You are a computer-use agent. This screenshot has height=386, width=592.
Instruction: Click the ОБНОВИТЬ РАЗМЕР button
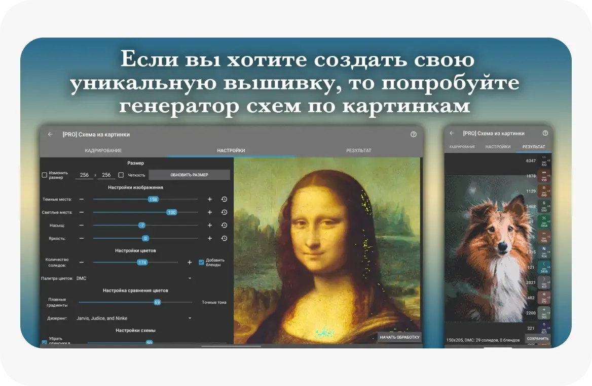coord(189,175)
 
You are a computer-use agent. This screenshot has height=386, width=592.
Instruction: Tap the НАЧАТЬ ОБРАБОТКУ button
coord(400,337)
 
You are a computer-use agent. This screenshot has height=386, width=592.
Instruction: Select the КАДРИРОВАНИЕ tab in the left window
coord(103,150)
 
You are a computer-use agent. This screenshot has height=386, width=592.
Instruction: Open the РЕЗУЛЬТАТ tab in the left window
coord(359,150)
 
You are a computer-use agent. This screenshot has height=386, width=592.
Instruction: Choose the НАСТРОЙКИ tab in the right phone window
coord(498,146)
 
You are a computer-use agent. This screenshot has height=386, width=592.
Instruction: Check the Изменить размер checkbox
coord(45,175)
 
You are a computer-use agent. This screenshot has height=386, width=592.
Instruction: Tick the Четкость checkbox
coord(121,175)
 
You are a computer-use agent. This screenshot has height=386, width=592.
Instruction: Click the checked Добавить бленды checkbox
coord(201,262)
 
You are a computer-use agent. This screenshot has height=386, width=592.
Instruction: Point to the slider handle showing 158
coord(153,199)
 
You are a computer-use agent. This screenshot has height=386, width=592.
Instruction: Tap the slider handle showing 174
coord(142,262)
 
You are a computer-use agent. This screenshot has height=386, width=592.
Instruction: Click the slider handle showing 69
coord(157,302)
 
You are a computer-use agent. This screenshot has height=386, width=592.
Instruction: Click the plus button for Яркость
coord(210,238)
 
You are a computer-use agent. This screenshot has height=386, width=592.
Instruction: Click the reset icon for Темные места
coord(224,199)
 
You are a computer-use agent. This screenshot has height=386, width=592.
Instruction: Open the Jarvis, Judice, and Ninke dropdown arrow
coord(190,318)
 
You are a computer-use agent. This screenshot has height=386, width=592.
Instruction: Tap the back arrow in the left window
coord(50,135)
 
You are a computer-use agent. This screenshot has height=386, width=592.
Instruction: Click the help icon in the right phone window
coord(545,133)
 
